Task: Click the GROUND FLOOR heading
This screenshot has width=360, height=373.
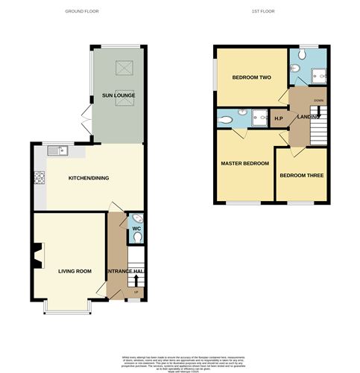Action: click(x=82, y=12)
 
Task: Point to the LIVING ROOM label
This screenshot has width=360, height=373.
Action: click(x=75, y=271)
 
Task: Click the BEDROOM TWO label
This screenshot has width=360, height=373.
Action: click(x=250, y=77)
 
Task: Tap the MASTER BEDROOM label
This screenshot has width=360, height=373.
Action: click(x=244, y=163)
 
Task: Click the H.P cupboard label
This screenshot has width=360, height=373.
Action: click(x=278, y=118)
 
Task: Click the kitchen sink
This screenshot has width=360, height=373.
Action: click(x=57, y=151)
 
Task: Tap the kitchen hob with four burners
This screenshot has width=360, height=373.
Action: click(x=39, y=178)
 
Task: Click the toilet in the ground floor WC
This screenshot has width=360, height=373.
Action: click(x=135, y=236)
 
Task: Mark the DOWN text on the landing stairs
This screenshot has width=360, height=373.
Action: click(x=318, y=100)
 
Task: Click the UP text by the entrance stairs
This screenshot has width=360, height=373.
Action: click(x=136, y=292)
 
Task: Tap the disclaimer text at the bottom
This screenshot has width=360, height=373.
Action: click(x=179, y=360)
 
